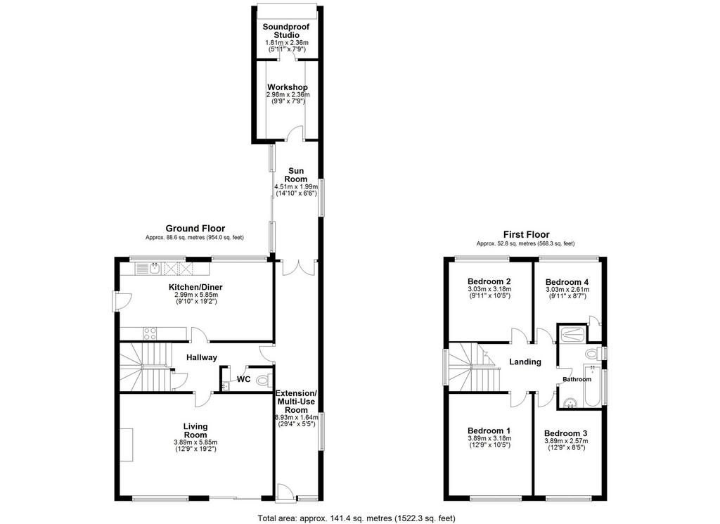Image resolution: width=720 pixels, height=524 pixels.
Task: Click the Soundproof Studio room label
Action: click(x=286, y=31)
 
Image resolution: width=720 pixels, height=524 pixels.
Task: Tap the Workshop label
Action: click(x=288, y=87)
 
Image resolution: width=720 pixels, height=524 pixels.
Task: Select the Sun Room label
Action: click(x=296, y=175)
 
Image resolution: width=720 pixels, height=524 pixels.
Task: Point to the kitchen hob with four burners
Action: click(x=150, y=333)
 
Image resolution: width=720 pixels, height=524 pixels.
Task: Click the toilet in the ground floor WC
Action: click(x=264, y=380)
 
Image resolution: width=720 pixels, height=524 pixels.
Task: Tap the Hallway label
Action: click(x=202, y=358)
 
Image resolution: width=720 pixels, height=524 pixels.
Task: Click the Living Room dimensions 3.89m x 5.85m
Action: click(x=195, y=442)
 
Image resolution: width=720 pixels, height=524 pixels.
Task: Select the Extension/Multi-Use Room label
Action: click(x=296, y=402)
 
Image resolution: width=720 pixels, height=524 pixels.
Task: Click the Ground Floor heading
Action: click(x=195, y=229)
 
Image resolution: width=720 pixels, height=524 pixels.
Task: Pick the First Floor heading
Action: click(x=526, y=234)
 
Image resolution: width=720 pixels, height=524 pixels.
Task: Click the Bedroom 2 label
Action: click(x=489, y=281)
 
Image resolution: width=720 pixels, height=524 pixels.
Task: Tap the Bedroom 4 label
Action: click(x=567, y=282)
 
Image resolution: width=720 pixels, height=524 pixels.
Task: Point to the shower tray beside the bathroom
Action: click(x=572, y=334)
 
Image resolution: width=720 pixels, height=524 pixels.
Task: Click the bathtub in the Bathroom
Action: click(x=593, y=385)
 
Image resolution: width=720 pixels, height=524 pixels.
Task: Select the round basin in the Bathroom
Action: click(x=570, y=403)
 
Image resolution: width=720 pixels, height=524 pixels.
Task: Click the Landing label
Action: click(x=525, y=362)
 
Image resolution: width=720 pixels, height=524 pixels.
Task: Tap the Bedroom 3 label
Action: click(x=566, y=433)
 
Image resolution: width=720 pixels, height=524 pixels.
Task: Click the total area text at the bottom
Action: click(x=356, y=518)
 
